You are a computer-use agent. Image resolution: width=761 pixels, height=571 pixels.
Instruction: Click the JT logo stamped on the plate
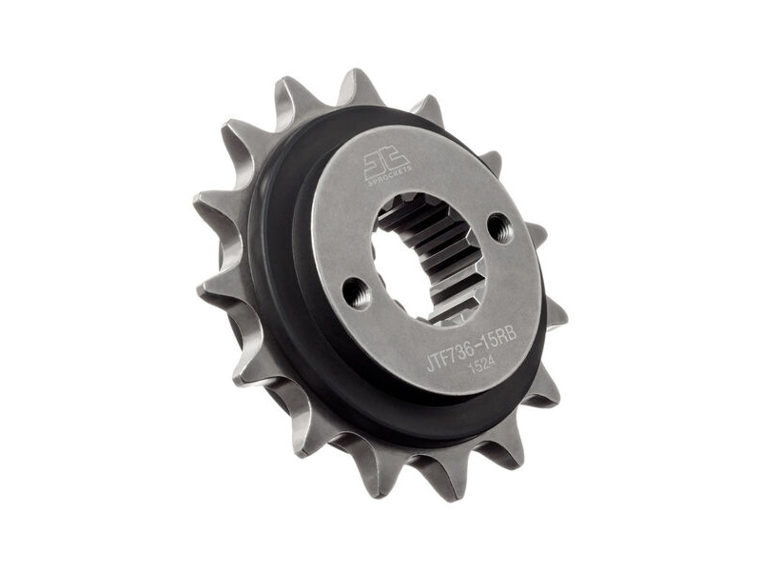386,164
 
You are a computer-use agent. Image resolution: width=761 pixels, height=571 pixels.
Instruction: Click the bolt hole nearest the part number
357,293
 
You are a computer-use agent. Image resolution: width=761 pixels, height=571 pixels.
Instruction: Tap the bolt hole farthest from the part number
498,226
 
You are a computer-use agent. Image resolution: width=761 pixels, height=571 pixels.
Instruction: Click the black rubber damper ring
285,314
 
